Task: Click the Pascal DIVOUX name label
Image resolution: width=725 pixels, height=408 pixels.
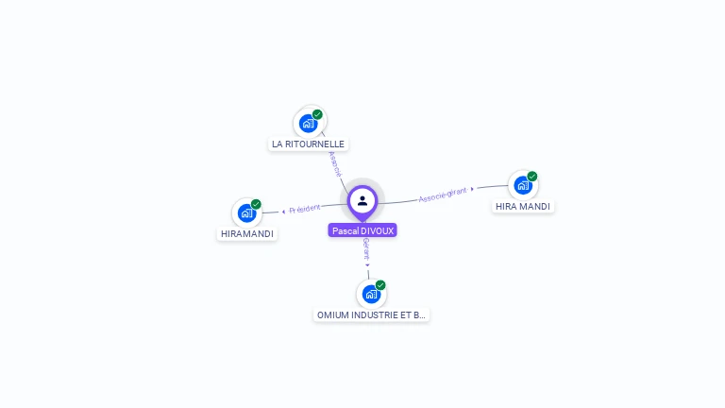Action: click(362, 230)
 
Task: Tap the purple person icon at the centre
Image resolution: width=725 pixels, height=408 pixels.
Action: click(362, 200)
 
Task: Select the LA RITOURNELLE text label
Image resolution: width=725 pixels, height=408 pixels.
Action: click(308, 144)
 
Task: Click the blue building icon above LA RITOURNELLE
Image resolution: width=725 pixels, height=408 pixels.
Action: click(308, 124)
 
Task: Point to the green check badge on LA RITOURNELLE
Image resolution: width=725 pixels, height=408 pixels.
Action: click(317, 114)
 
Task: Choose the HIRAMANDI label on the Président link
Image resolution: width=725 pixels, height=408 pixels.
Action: click(247, 233)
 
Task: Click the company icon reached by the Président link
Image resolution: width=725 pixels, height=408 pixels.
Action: click(246, 212)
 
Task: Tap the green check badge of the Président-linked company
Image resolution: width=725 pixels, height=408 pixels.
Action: click(256, 204)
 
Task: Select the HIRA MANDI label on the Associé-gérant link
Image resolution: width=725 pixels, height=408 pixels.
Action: click(523, 206)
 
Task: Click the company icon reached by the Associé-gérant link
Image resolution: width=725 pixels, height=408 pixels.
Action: click(522, 185)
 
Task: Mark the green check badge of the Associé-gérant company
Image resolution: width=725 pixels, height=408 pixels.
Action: click(532, 177)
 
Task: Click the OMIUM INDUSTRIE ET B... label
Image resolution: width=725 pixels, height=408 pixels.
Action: click(371, 314)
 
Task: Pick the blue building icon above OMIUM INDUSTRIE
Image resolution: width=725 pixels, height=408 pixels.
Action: click(371, 294)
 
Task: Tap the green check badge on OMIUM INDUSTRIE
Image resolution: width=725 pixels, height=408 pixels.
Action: click(380, 285)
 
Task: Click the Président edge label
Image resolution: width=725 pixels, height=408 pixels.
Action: click(305, 208)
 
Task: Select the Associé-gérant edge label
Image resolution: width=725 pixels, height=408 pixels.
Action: click(443, 194)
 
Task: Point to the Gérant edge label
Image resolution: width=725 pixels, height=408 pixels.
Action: click(366, 248)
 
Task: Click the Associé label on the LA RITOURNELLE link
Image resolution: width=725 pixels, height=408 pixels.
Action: click(334, 164)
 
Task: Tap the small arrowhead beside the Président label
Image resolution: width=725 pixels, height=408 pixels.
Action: click(283, 211)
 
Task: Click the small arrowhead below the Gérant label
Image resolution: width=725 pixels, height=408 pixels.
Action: click(368, 265)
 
